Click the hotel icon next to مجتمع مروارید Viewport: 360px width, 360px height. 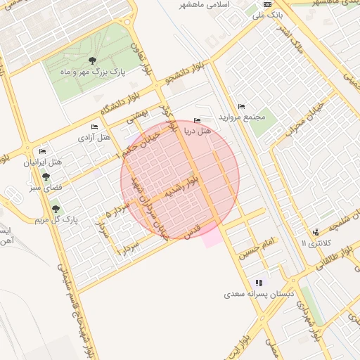point(242,106)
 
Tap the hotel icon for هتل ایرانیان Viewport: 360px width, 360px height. point(42,152)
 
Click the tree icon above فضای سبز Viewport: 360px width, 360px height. point(46,177)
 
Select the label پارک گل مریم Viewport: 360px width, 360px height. point(55,219)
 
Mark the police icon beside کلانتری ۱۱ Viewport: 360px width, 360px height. point(316,232)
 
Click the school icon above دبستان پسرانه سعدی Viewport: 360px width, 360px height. point(259,283)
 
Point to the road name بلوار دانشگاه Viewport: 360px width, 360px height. point(117,102)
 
